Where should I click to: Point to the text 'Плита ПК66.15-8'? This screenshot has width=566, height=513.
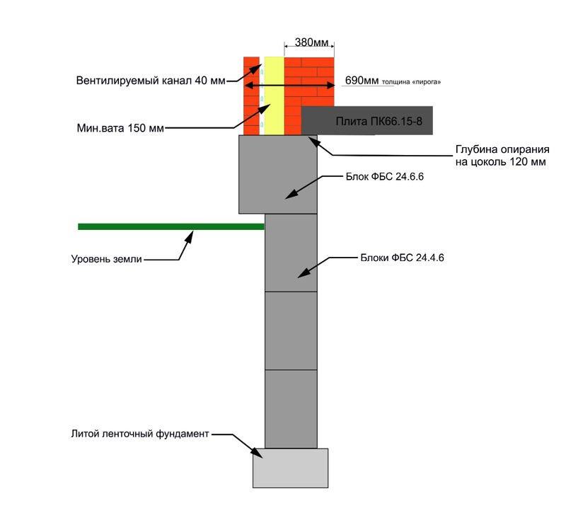pyautogui.click(x=379, y=121)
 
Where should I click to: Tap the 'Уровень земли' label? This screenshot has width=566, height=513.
pyautogui.click(x=107, y=259)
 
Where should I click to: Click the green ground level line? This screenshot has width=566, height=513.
pyautogui.click(x=170, y=226)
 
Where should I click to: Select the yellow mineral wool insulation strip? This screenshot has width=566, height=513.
pyautogui.click(x=274, y=96)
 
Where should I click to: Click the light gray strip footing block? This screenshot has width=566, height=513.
pyautogui.click(x=291, y=468)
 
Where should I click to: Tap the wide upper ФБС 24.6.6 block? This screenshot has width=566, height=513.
pyautogui.click(x=277, y=173)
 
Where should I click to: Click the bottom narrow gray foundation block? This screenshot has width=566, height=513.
pyautogui.click(x=291, y=408)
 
